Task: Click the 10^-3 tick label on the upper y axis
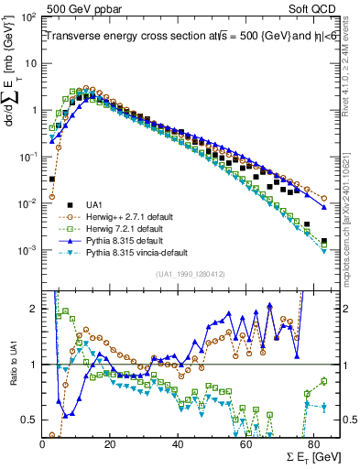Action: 28,250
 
